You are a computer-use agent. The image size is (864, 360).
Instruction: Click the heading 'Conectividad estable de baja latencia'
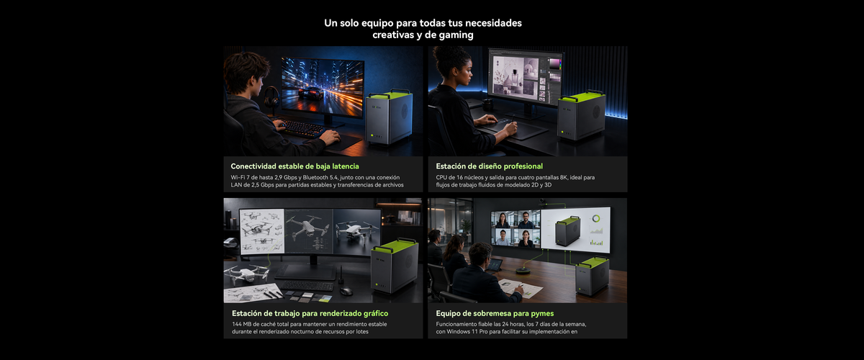point(294,166)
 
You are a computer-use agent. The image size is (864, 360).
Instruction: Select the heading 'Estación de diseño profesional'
point(489,166)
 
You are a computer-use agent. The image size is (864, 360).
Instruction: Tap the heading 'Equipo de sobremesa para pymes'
point(495,313)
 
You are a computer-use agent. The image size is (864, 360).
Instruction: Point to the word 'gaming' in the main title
point(456,35)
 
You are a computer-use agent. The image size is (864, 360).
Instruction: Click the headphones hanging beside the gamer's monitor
point(271,96)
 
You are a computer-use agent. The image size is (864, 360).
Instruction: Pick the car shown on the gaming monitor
point(311,93)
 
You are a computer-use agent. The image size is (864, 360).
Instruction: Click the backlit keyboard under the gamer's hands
point(303,127)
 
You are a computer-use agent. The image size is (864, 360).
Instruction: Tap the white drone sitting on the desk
point(247,274)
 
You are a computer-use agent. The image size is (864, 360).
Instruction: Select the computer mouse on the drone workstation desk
point(346,291)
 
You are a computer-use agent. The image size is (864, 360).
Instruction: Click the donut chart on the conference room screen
point(596,219)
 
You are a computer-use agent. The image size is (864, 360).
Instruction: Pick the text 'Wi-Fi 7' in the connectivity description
point(240,178)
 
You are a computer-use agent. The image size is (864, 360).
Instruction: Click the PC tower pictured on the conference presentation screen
point(567,230)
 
